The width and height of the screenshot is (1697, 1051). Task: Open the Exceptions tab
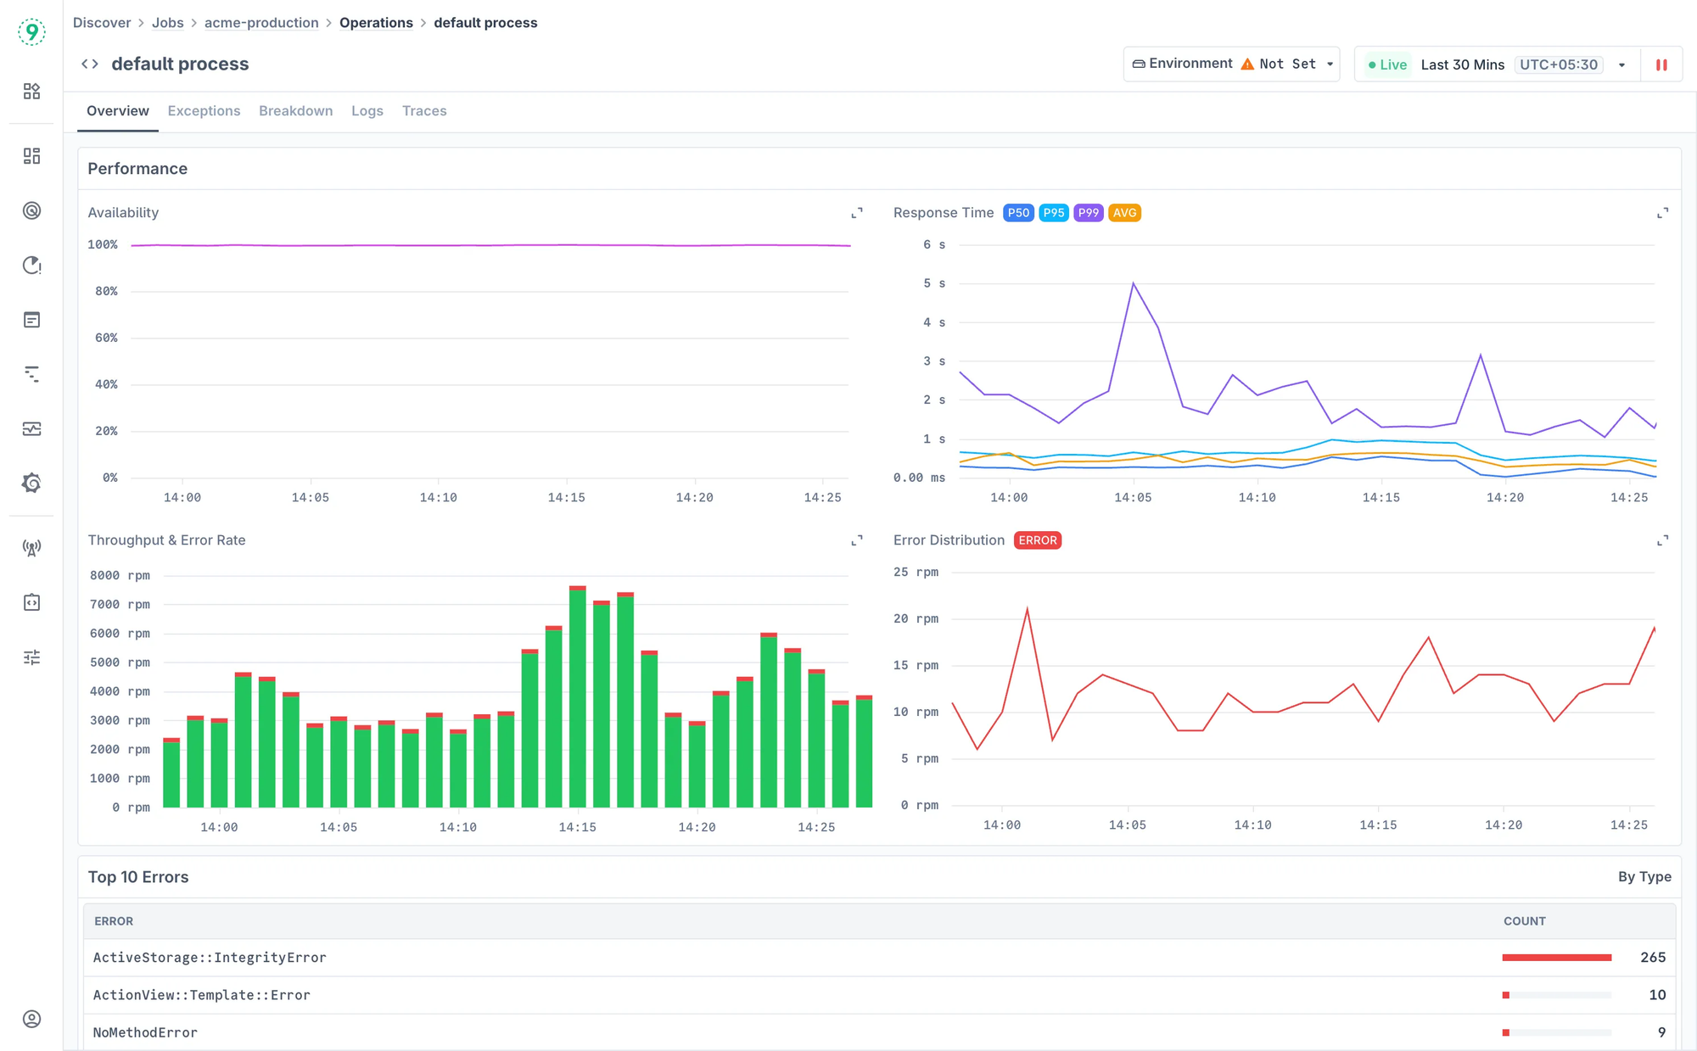click(x=204, y=111)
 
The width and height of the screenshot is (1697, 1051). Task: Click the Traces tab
click(x=424, y=111)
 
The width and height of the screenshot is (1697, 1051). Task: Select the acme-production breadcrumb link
click(x=261, y=23)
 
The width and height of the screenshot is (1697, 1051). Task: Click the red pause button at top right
click(x=1661, y=64)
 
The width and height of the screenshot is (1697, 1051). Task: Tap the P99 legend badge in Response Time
click(x=1088, y=213)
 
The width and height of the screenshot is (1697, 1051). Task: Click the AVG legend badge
click(x=1124, y=213)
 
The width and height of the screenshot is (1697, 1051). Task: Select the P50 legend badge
click(x=1017, y=213)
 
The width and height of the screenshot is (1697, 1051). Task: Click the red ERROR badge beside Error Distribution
click(x=1037, y=540)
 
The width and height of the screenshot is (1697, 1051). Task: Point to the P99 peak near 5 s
click(x=1133, y=284)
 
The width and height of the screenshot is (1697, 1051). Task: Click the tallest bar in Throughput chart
click(x=578, y=696)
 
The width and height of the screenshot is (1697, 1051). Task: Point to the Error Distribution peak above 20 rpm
click(x=1028, y=609)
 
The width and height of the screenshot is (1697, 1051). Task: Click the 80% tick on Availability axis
click(x=106, y=291)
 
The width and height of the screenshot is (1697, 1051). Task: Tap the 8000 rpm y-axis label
click(x=120, y=575)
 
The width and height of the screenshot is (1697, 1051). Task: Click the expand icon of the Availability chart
click(x=857, y=213)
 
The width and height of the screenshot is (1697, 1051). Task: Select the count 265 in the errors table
click(x=1652, y=957)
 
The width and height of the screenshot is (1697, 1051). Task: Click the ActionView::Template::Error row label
click(x=202, y=995)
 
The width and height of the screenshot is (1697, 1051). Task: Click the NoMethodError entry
click(x=145, y=1032)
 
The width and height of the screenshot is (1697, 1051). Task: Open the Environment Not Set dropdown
click(x=1231, y=64)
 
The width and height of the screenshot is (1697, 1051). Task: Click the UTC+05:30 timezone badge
click(x=1558, y=64)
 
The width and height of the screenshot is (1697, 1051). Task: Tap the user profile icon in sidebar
click(x=31, y=1019)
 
